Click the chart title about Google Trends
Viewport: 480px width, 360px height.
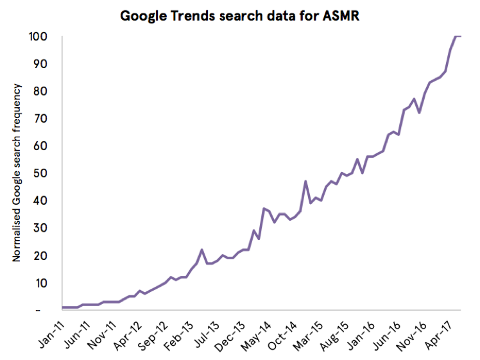coord(239,15)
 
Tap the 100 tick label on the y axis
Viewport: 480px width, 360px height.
coord(37,37)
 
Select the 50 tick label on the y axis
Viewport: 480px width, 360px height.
coord(40,173)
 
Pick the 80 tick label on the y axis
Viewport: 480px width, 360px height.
coord(40,91)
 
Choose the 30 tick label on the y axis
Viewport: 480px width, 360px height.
coord(40,228)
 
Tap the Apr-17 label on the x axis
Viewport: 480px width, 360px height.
coord(443,333)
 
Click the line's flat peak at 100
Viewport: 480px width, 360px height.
coord(458,37)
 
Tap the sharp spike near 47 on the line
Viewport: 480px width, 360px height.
coord(305,182)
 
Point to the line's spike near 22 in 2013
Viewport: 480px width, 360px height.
coord(201,250)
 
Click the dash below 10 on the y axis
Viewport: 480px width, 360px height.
coord(39,311)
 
